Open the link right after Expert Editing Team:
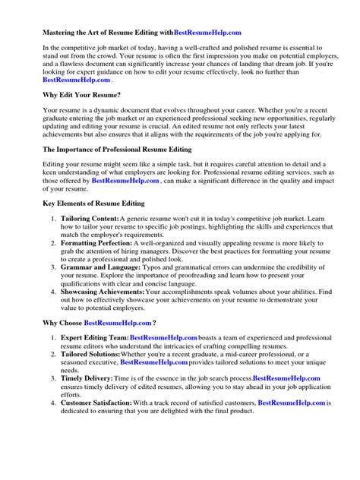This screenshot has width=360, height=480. coord(164,338)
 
